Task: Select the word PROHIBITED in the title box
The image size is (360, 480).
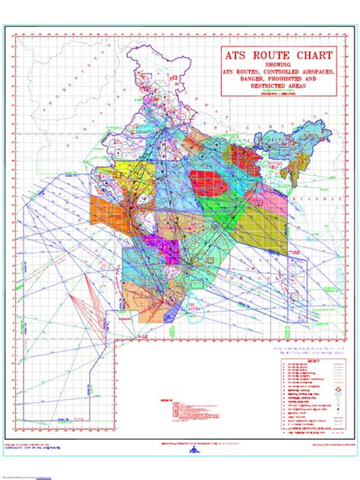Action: point(293,81)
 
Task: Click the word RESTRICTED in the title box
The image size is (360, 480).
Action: point(257,88)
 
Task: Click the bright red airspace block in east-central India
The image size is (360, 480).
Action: point(205,182)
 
